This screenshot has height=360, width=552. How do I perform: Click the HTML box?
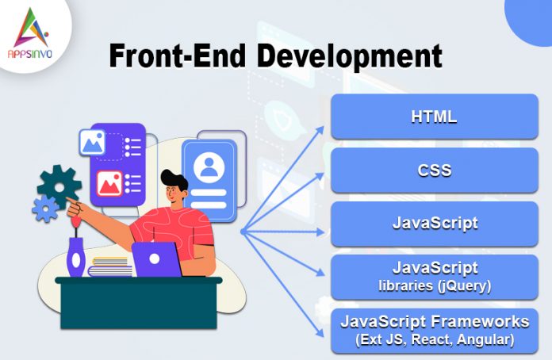pyautogui.click(x=434, y=117)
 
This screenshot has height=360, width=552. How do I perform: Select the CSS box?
pyautogui.click(x=434, y=170)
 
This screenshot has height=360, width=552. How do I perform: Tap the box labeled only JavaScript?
pyautogui.click(x=434, y=223)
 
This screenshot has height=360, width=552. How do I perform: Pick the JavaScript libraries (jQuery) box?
pyautogui.click(x=434, y=276)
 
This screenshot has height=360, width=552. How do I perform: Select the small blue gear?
pyautogui.click(x=44, y=209)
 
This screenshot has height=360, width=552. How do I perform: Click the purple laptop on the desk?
pyautogui.click(x=156, y=259)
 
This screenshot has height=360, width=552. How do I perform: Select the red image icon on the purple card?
pyautogui.click(x=109, y=185)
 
